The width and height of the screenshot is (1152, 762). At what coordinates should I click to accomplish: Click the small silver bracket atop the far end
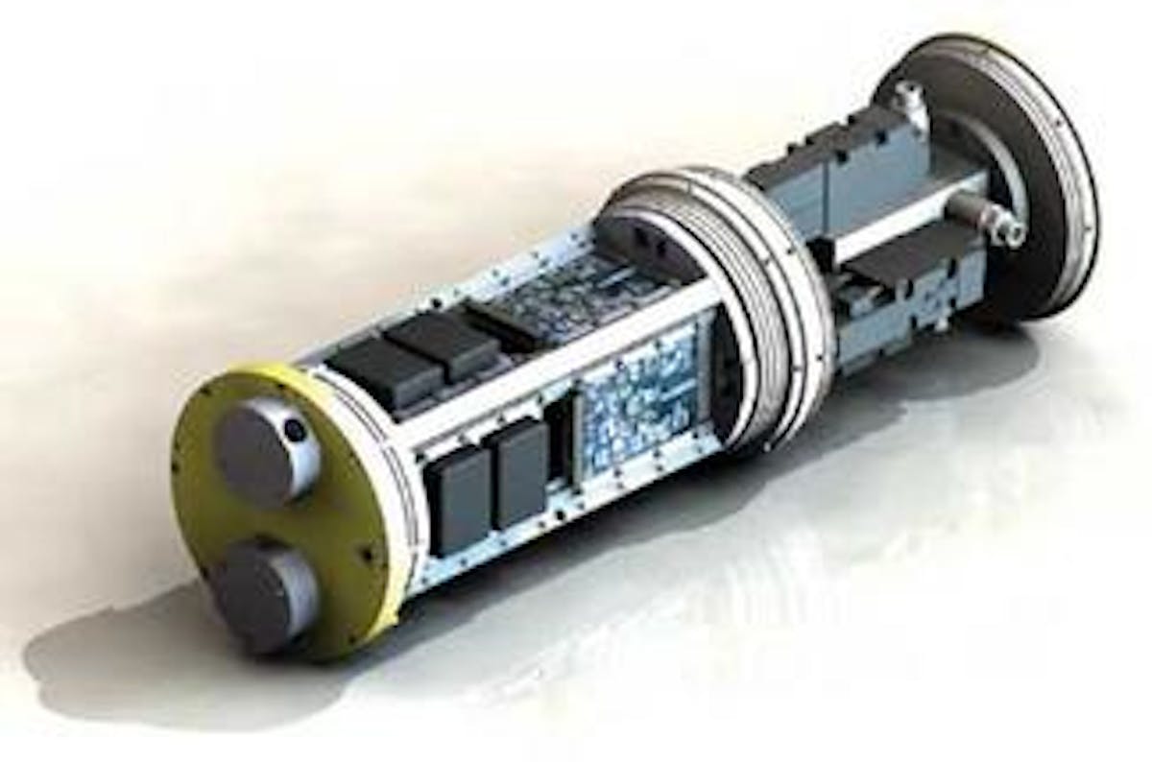tap(907, 101)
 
